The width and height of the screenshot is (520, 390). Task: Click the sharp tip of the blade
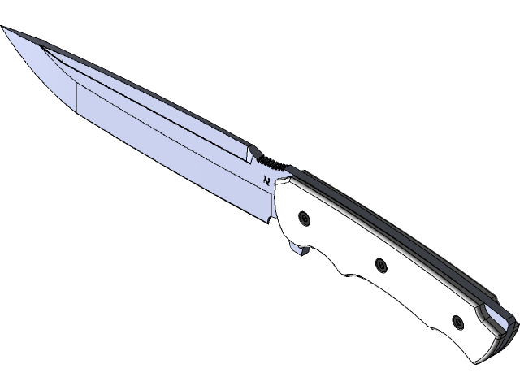coord(4,29)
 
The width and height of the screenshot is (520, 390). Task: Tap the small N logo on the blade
coord(266,181)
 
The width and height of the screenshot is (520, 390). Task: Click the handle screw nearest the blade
coord(304,217)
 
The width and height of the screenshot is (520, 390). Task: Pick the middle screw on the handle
coord(380,263)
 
